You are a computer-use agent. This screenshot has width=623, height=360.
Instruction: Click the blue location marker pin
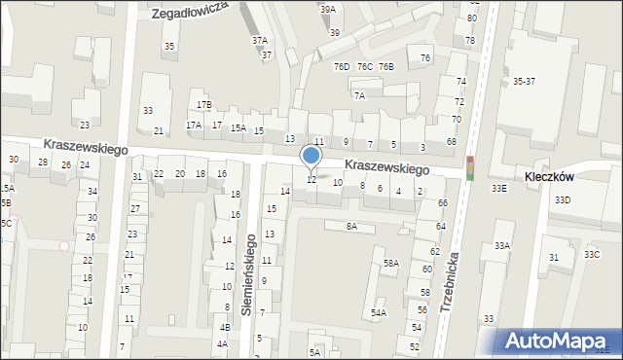point(311,156)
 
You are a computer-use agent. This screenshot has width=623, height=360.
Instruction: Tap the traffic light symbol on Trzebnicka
point(470,167)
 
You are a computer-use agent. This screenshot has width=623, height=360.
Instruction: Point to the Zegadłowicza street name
point(190,12)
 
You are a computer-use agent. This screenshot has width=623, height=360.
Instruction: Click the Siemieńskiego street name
point(249,274)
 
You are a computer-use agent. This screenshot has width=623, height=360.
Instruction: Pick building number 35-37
point(524,81)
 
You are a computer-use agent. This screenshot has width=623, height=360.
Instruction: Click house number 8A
point(352,226)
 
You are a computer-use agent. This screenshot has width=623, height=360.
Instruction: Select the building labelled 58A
point(391,263)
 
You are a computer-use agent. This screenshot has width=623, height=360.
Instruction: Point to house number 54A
point(378,312)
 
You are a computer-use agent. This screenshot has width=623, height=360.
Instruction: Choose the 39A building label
point(328,9)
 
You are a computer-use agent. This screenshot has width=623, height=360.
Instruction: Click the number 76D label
point(341,66)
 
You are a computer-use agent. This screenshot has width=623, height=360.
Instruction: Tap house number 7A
point(359,95)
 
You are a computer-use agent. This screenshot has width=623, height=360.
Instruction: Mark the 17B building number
point(203,104)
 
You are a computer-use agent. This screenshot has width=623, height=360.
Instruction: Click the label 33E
point(498,188)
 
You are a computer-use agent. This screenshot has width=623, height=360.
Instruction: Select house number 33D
point(563,199)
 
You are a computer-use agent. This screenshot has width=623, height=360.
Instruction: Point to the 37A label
point(259,41)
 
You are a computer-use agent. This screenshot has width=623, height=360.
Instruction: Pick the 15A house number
point(238,127)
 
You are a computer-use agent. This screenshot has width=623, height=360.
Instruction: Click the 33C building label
point(592,254)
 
